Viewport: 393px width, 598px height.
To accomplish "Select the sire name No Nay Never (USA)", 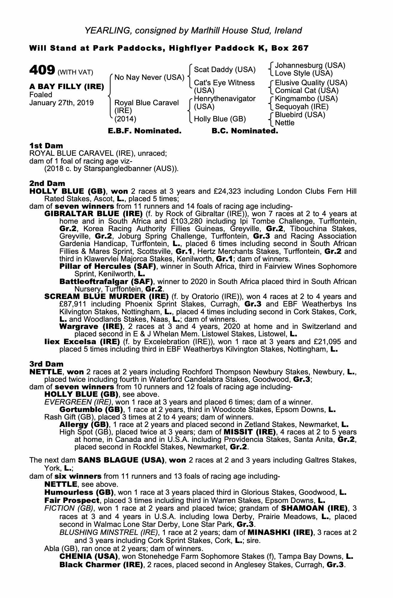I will (149, 78).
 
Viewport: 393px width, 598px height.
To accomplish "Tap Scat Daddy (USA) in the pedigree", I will (225, 70).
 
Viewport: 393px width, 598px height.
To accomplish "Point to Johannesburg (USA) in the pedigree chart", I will (310, 65).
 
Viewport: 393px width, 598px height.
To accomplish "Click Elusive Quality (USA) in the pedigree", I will (311, 83).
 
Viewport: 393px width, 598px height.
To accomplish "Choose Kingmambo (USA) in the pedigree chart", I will (306, 99).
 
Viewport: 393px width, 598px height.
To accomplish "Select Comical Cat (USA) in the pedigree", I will (307, 91).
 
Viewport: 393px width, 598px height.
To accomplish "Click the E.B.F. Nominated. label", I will (144, 131).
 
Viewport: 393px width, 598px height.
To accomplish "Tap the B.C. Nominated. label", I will (245, 131).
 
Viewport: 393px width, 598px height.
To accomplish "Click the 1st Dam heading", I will (46, 146).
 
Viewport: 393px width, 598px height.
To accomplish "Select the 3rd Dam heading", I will (46, 364).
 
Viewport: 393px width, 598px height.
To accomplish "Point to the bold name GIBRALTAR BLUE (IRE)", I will (93, 214).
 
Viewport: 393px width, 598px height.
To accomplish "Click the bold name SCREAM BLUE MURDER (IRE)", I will (106, 297).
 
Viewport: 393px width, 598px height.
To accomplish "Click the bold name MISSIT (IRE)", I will (249, 432).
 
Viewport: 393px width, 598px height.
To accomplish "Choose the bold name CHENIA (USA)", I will (88, 557).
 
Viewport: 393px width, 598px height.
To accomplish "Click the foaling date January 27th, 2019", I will (61, 103).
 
